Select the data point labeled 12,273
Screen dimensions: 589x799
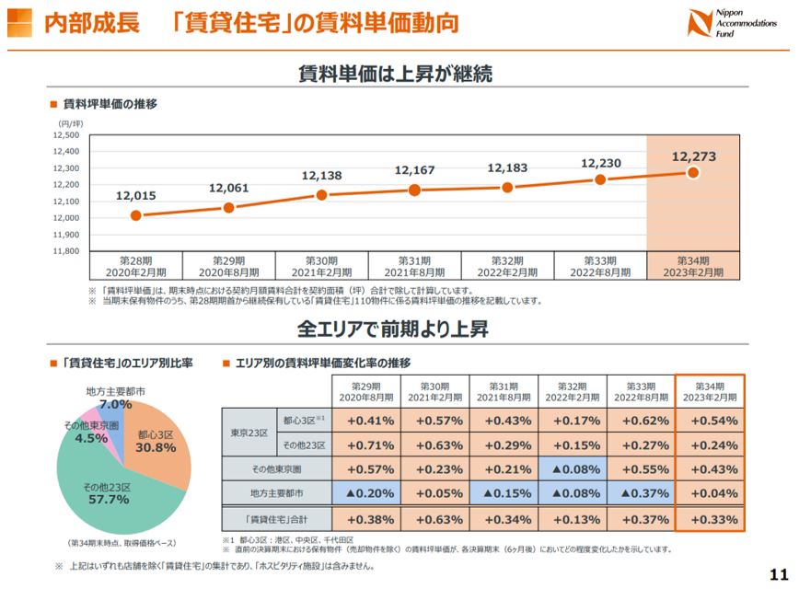click(x=693, y=172)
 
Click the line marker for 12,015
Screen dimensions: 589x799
click(x=135, y=215)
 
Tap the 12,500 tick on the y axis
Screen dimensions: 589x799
click(x=66, y=135)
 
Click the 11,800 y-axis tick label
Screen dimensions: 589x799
click(x=66, y=250)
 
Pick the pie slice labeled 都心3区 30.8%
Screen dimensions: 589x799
click(x=155, y=441)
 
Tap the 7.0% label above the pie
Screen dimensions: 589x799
click(x=116, y=404)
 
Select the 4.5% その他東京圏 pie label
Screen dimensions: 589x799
click(x=92, y=438)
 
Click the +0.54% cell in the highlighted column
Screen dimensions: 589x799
click(x=710, y=421)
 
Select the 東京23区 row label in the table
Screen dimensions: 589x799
click(x=248, y=433)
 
